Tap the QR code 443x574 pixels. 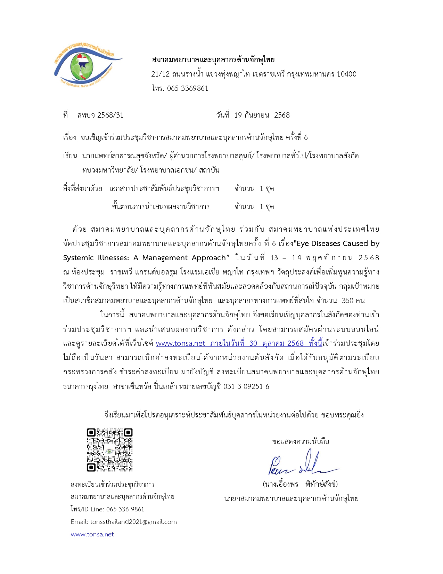pyautogui.click(x=109, y=450)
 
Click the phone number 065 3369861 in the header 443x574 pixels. pyautogui.click(x=187, y=88)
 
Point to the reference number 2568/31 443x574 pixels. pyautogui.click(x=110, y=115)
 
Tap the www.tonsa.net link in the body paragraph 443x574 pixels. pyautogui.click(x=180, y=343)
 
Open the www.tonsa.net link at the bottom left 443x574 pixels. pyautogui.click(x=92, y=534)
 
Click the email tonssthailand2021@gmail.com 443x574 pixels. pyautogui.click(x=133, y=522)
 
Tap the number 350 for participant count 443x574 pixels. pyautogui.click(x=347, y=301)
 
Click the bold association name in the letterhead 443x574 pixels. pyautogui.click(x=213, y=60)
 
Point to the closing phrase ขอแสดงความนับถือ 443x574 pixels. pyautogui.click(x=301, y=441)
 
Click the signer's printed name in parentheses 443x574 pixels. pyautogui.click(x=300, y=484)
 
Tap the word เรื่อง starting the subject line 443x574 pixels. pyautogui.click(x=69, y=137)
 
